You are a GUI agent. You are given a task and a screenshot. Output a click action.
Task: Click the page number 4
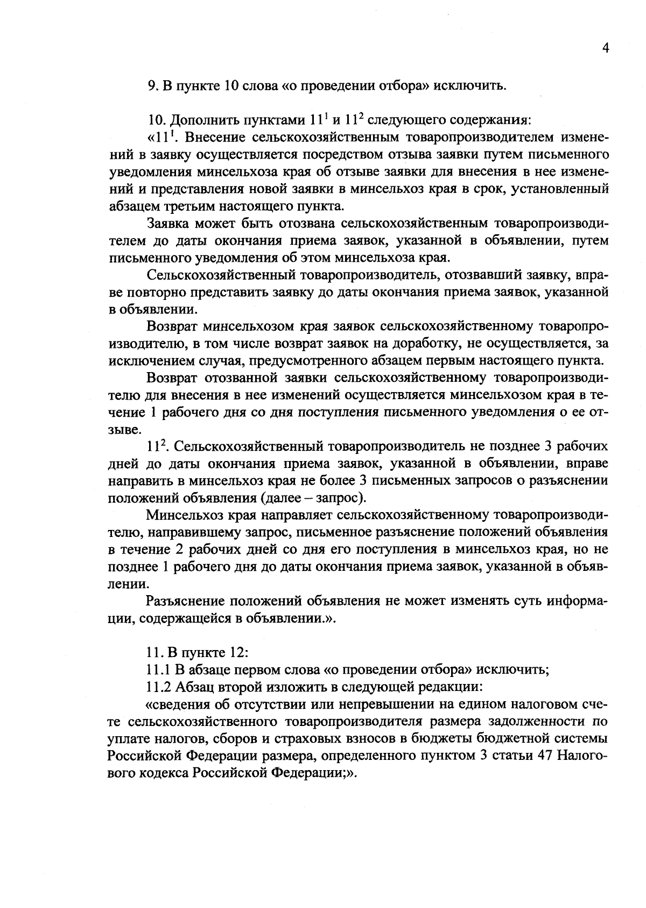coord(605,49)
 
